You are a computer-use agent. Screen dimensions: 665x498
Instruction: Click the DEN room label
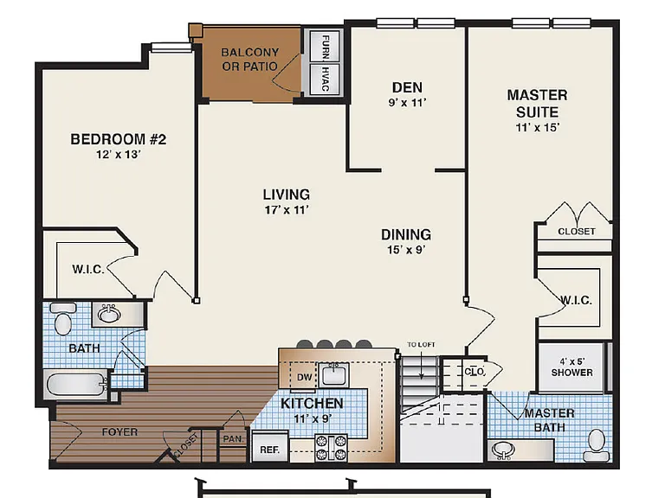click(407, 87)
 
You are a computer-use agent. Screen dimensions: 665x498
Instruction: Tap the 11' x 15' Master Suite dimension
click(538, 127)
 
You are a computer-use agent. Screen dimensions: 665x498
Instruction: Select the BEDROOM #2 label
click(119, 139)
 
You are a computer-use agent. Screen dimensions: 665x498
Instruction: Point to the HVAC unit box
click(325, 79)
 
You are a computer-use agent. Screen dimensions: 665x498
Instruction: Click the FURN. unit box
click(325, 46)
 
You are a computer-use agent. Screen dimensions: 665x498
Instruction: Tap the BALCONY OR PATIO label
click(249, 60)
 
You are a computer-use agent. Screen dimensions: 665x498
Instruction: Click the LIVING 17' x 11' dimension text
click(287, 210)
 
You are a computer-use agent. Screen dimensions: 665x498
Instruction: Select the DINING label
click(406, 234)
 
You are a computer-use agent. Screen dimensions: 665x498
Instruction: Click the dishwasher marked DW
click(304, 376)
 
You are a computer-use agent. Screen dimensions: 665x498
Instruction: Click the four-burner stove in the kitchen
click(331, 448)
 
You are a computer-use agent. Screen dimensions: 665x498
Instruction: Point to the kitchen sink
click(333, 374)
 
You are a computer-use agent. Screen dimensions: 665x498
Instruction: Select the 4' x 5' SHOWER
click(571, 367)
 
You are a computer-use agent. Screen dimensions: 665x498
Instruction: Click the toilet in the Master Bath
click(597, 445)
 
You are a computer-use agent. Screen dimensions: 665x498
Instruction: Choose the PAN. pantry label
click(233, 438)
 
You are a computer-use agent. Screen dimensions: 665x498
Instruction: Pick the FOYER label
click(119, 432)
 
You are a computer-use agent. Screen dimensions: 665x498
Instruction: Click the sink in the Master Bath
click(503, 450)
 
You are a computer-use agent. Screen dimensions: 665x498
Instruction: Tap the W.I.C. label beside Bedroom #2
click(88, 270)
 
